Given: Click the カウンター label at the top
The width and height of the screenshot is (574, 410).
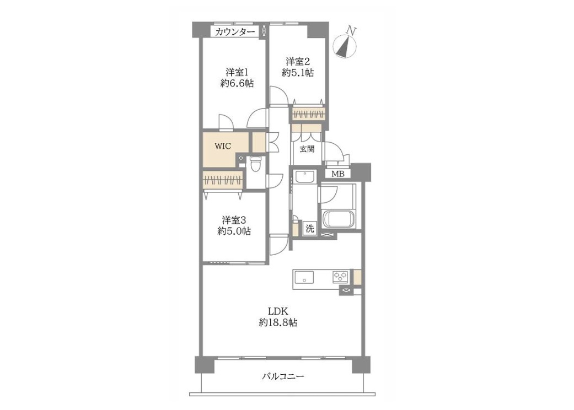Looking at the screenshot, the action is click(x=235, y=32).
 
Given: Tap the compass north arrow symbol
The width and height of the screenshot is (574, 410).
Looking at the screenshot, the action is click(x=345, y=44).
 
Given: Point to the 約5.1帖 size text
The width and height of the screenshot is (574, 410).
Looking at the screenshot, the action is click(x=298, y=73).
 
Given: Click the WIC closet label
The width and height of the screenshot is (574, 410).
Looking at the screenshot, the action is click(x=223, y=146).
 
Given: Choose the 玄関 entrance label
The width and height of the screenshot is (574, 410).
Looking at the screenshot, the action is click(x=307, y=149).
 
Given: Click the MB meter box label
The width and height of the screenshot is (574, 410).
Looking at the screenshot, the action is click(x=338, y=174).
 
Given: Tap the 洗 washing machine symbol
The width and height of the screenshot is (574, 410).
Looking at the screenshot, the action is click(x=310, y=229).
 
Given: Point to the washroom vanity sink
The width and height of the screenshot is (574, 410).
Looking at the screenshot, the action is click(x=304, y=177).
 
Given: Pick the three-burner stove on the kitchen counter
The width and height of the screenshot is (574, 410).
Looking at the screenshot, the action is click(x=341, y=277).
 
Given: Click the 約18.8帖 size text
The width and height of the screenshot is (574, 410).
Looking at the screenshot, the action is click(x=278, y=322).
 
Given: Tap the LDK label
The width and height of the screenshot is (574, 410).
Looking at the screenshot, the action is click(x=279, y=311).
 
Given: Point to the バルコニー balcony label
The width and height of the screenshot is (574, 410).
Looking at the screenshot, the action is click(x=283, y=376).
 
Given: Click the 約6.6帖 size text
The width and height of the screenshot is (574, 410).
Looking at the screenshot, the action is click(x=237, y=83).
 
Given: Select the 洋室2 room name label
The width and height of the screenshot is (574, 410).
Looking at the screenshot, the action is click(x=298, y=61).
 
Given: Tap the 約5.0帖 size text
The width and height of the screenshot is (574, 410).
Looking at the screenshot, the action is click(x=234, y=231).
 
